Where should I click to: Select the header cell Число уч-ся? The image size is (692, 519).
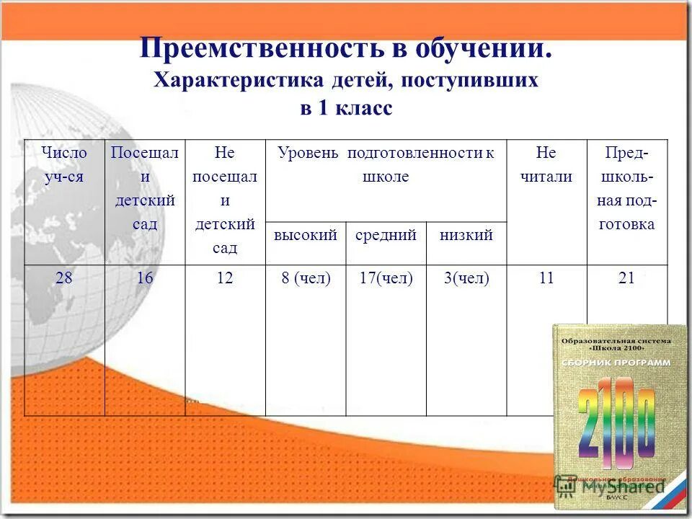pyautogui.click(x=64, y=165)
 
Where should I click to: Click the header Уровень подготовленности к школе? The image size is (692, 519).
pyautogui.click(x=386, y=164)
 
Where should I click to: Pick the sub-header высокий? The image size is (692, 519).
pyautogui.click(x=306, y=235)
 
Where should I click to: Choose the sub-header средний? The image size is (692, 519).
pyautogui.click(x=386, y=235)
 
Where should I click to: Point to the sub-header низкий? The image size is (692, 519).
pyautogui.click(x=466, y=235)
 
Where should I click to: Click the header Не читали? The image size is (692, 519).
pyautogui.click(x=546, y=165)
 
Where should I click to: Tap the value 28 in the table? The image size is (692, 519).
pyautogui.click(x=64, y=278)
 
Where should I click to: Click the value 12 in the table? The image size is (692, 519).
pyautogui.click(x=225, y=278)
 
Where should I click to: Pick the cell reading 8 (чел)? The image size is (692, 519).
pyautogui.click(x=306, y=278)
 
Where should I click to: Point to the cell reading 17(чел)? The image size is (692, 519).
pyautogui.click(x=386, y=278)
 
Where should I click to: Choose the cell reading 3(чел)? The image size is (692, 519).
pyautogui.click(x=466, y=278)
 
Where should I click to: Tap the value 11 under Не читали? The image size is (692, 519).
pyautogui.click(x=546, y=278)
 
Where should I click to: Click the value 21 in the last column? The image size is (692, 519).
pyautogui.click(x=626, y=278)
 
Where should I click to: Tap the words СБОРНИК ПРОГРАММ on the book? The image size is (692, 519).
pyautogui.click(x=616, y=362)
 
